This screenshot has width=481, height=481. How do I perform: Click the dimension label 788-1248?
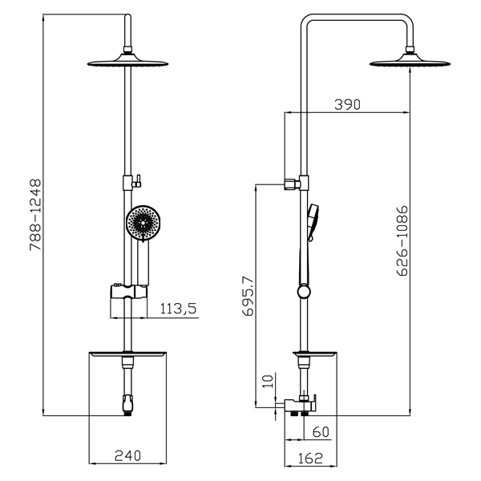click(35, 215)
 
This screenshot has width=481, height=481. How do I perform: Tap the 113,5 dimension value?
click(178, 309)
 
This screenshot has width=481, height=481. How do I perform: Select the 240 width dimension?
click(127, 455)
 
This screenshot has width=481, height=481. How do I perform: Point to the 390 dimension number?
click(347, 104)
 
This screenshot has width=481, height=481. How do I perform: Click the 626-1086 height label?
click(402, 240)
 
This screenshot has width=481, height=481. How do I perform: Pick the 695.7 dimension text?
click(248, 296)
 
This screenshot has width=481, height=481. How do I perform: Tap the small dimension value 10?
click(268, 382)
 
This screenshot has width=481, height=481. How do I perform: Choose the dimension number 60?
click(321, 432)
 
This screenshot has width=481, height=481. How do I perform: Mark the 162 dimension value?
click(310, 459)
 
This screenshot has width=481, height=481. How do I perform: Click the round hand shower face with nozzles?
click(143, 222)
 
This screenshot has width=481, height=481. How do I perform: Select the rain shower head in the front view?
click(127, 60)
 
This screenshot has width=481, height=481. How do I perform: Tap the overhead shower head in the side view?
click(410, 60)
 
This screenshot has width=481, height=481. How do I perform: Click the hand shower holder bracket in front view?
click(129, 292)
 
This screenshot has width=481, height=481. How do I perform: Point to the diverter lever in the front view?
click(137, 181)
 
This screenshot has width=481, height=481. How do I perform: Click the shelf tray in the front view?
click(127, 354)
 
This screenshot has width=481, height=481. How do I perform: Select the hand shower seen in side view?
click(313, 222)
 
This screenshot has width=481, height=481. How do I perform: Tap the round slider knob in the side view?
click(304, 292)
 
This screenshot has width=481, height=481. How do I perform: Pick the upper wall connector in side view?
click(293, 184)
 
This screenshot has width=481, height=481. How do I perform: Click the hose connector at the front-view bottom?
click(127, 405)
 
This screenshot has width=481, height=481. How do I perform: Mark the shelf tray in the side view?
click(315, 354)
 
